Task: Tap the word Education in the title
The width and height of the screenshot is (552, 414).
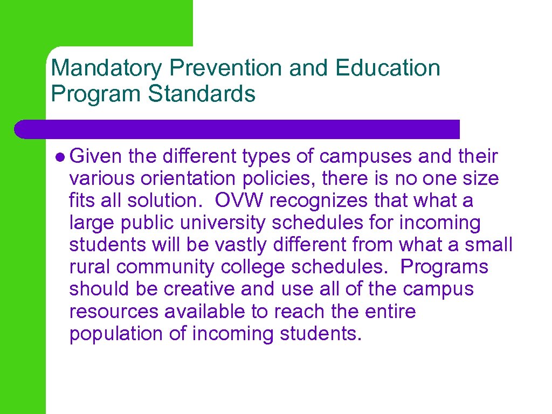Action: click(387, 68)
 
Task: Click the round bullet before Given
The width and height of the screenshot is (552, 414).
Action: click(60, 157)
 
